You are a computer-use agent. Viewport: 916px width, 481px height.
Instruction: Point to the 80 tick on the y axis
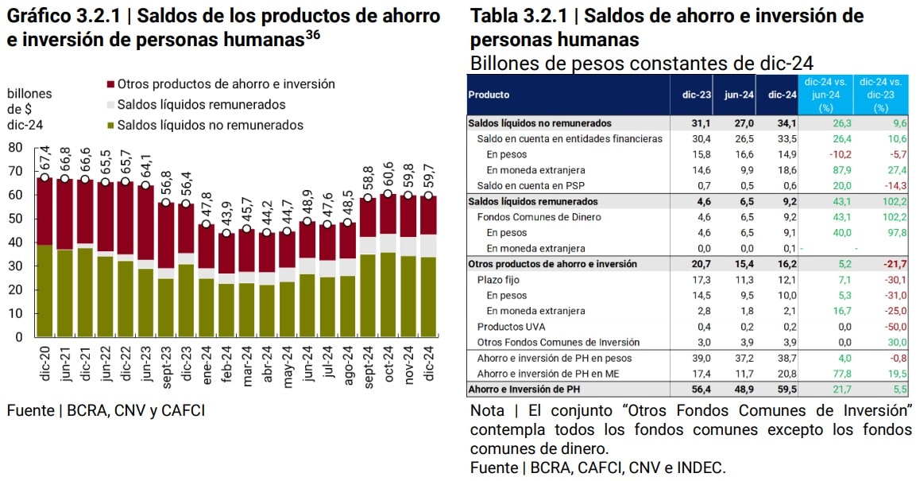[15, 147]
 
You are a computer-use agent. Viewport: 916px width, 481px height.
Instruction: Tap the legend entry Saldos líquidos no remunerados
[210, 125]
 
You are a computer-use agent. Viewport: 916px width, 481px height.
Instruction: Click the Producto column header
[489, 95]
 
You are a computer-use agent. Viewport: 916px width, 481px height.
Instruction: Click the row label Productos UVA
[512, 327]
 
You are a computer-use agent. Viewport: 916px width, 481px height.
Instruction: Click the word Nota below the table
[487, 411]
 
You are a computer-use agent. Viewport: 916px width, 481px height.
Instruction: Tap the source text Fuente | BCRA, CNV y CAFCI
[106, 410]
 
